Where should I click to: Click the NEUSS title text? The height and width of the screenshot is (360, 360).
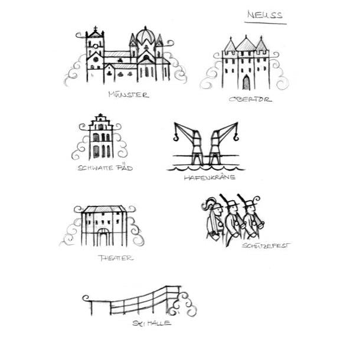point(264,14)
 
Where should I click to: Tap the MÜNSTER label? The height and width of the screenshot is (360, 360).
point(129,94)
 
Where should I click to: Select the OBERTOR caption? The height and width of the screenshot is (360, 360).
point(250,99)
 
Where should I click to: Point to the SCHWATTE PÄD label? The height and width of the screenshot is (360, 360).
point(105,168)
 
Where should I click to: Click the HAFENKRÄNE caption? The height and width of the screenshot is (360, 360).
point(210,176)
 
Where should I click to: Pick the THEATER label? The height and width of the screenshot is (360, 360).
point(116,258)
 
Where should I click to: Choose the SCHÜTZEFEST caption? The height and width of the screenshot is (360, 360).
point(266,245)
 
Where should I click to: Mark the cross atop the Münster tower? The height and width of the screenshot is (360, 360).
point(95,28)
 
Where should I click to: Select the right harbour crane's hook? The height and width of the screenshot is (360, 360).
point(235,138)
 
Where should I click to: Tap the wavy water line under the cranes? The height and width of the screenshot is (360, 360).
point(204,168)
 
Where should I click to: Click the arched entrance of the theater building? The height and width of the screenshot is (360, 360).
point(104,238)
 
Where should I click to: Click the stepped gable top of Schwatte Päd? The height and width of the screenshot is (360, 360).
point(101,119)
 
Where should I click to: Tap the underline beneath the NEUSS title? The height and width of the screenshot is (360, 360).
point(266,22)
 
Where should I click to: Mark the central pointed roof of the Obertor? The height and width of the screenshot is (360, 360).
point(246,43)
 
